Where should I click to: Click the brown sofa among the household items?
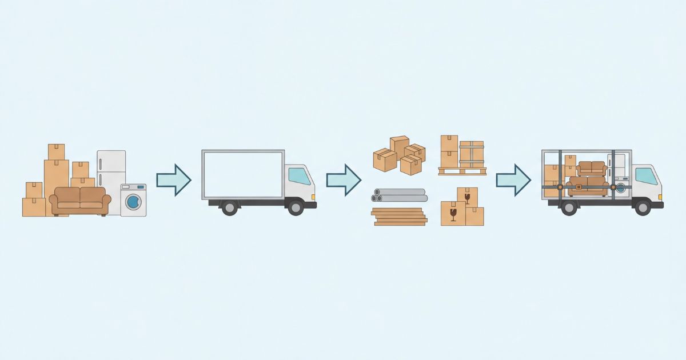(80, 200)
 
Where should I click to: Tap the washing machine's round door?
(133, 201)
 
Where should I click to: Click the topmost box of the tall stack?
(56, 152)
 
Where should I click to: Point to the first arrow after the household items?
(173, 180)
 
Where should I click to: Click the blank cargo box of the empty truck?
(243, 174)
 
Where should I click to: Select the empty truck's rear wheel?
(229, 207)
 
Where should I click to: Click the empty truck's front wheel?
(296, 207)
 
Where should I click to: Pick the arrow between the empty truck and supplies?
(344, 180)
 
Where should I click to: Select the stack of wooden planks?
(400, 217)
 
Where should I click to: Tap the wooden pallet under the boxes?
(462, 171)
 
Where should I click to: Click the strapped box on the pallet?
(472, 154)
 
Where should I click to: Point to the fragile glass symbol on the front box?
(453, 214)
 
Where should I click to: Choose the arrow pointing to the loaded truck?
(513, 180)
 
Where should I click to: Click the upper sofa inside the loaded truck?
(591, 168)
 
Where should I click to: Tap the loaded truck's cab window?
(646, 177)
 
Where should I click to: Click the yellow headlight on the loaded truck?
(661, 197)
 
